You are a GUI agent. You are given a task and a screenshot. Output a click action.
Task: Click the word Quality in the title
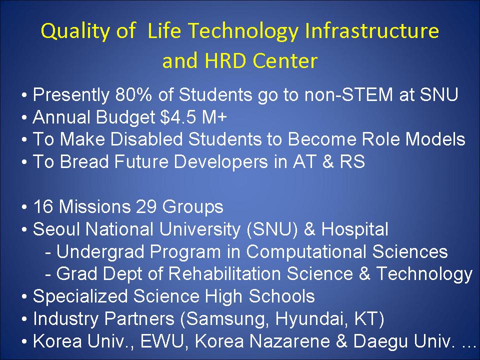point(75,31)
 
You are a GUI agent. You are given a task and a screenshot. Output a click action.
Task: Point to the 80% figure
point(133,94)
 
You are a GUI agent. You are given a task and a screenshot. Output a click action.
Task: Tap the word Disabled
point(146,139)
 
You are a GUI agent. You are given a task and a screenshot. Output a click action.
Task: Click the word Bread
point(84,161)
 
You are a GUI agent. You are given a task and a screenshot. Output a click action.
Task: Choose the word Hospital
point(355,229)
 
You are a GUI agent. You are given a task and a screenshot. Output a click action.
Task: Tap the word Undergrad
point(100,252)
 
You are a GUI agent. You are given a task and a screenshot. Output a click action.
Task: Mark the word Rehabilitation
point(224,273)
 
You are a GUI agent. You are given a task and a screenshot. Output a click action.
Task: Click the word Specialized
point(80,296)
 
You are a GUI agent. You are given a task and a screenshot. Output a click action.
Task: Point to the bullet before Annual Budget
point(24,117)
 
